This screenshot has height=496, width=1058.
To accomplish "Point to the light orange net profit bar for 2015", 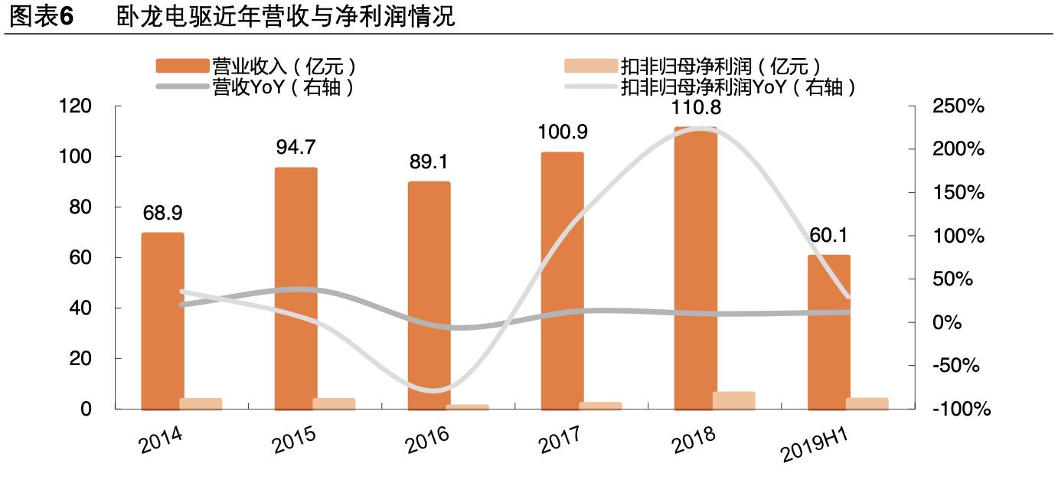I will coord(334,403).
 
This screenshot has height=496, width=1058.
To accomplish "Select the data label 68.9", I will coord(162,213).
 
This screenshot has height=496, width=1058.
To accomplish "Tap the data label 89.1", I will coord(429,162).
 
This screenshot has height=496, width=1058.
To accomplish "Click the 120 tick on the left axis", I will coord(75,106).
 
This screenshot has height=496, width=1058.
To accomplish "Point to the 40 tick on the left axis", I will coord(80,308).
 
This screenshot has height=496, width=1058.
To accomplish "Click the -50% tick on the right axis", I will coord(958,366).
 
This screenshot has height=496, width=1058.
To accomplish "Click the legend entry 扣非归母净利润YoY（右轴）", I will coord(738,87).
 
